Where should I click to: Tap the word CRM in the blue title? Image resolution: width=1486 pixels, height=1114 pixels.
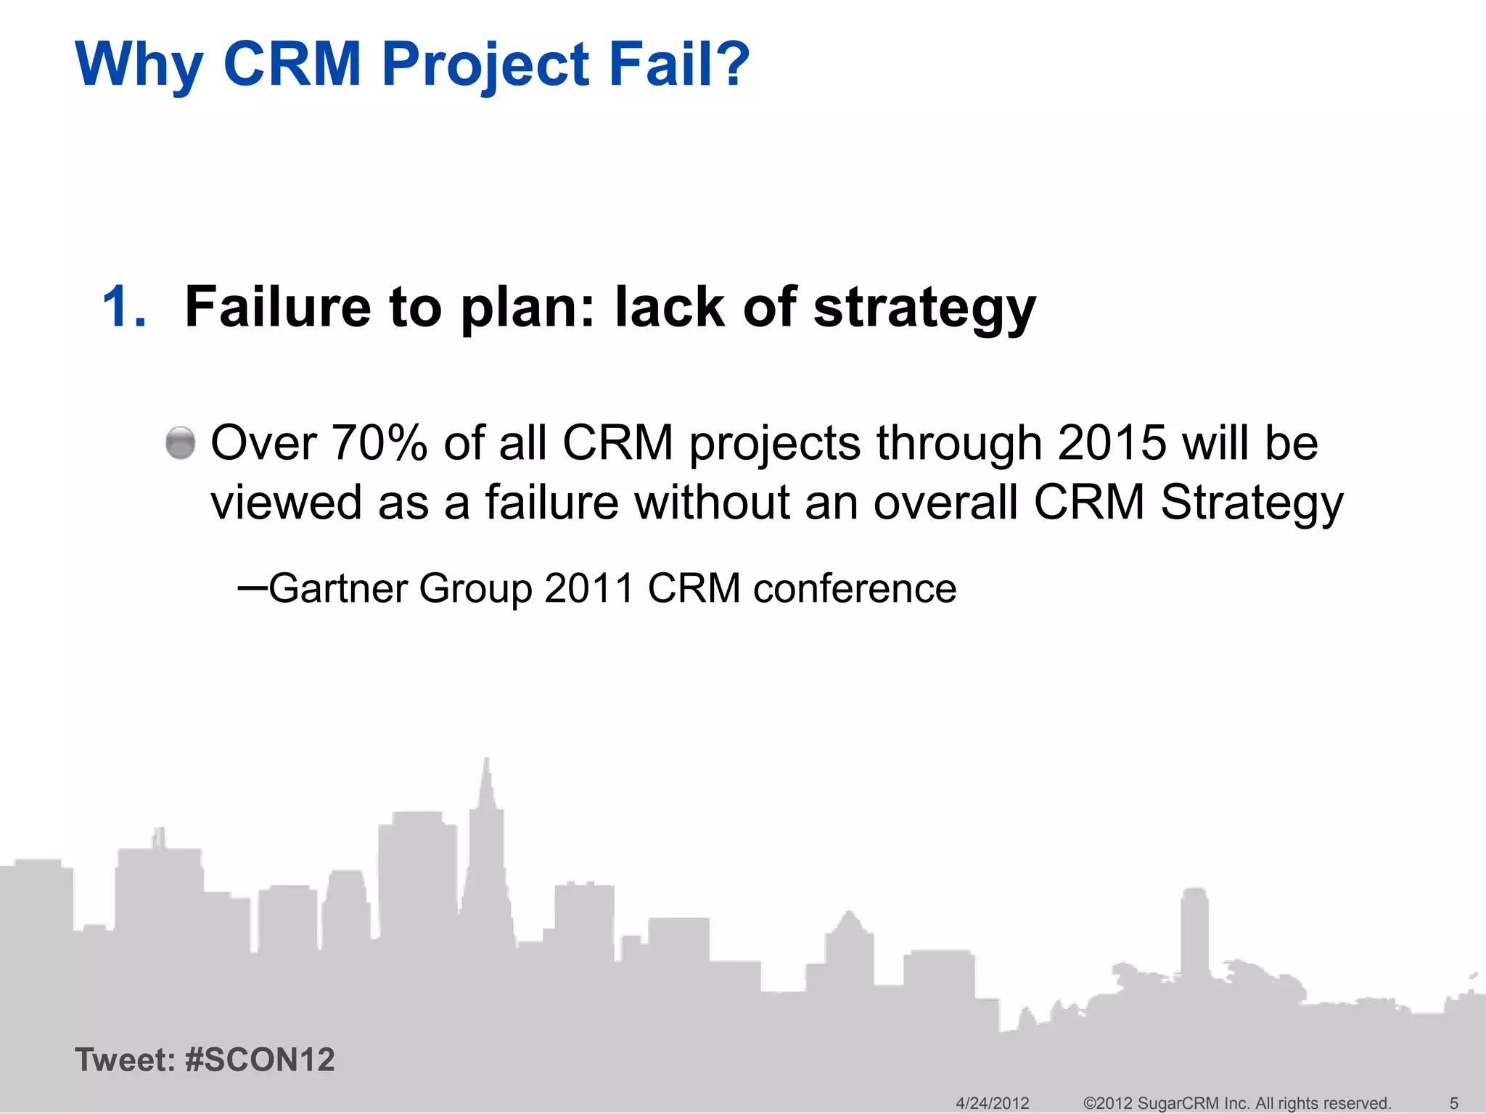(x=292, y=64)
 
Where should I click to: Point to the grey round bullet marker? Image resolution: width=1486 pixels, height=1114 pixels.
(x=181, y=443)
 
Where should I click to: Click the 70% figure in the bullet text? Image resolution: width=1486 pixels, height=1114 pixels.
(x=379, y=443)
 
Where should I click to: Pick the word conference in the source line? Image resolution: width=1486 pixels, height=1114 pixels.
(x=855, y=588)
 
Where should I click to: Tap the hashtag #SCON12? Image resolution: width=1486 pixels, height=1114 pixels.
(x=260, y=1060)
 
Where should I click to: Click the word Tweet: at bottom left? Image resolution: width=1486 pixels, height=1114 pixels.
(x=125, y=1060)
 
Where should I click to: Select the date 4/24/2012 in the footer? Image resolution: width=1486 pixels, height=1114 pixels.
(x=992, y=1103)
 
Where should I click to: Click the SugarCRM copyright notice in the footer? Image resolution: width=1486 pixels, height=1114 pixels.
(x=1236, y=1103)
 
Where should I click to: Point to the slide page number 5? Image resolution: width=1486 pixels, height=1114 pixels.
(x=1453, y=1103)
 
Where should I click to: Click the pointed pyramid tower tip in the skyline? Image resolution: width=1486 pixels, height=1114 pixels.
(x=486, y=769)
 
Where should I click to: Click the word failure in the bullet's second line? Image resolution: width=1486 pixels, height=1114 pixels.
(x=551, y=503)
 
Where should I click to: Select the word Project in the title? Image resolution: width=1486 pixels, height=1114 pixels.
(x=485, y=64)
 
